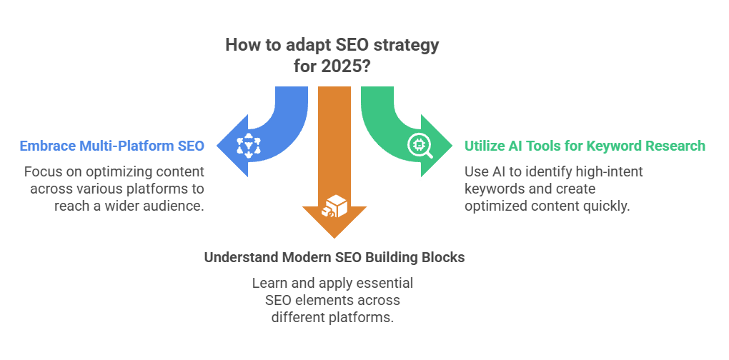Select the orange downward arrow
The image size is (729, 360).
click(334, 164)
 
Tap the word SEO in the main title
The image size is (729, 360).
click(344, 45)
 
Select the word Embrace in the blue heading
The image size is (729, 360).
click(49, 146)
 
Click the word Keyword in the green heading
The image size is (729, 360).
click(602, 146)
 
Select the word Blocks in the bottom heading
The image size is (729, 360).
click(442, 256)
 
